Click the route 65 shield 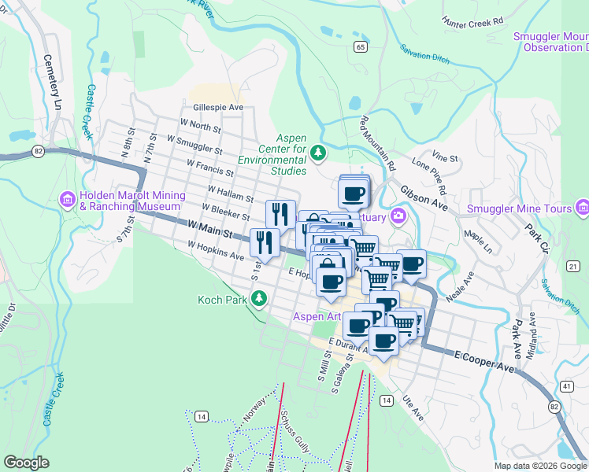point(360,47)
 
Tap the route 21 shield point(573,267)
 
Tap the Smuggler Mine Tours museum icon point(583,208)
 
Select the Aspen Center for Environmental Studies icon point(318,152)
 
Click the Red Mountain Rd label point(377,144)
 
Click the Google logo point(26,463)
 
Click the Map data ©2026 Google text point(540,466)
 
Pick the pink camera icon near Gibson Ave point(399,216)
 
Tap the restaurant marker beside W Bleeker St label point(280,214)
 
